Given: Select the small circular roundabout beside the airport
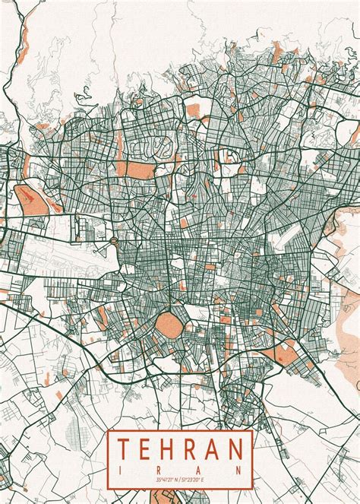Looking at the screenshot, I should pyautogui.click(x=113, y=241).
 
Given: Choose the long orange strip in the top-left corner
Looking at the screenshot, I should pyautogui.click(x=27, y=30).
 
